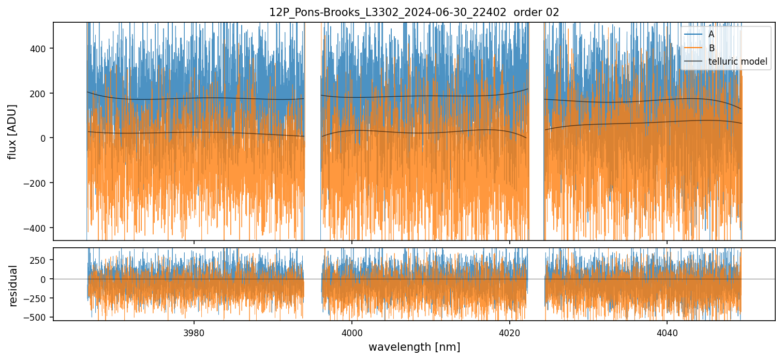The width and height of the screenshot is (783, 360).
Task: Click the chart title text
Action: [414, 12]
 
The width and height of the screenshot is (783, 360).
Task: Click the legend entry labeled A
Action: [711, 35]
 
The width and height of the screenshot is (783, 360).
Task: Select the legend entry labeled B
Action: [711, 48]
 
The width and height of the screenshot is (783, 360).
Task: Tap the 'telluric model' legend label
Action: [737, 62]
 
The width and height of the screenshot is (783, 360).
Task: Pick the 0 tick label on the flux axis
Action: [45, 138]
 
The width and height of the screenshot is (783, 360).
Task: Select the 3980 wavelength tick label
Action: [194, 332]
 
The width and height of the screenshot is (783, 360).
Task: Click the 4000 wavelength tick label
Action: [352, 332]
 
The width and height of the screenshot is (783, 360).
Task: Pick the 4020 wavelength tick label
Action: [509, 332]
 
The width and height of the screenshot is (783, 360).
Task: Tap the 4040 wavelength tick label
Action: [667, 332]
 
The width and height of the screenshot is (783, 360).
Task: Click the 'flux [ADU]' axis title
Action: [12, 131]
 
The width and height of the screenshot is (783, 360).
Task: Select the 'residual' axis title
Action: [13, 285]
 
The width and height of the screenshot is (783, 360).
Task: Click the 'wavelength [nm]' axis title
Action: [414, 347]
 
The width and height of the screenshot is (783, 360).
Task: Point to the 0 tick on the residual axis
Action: [45, 279]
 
